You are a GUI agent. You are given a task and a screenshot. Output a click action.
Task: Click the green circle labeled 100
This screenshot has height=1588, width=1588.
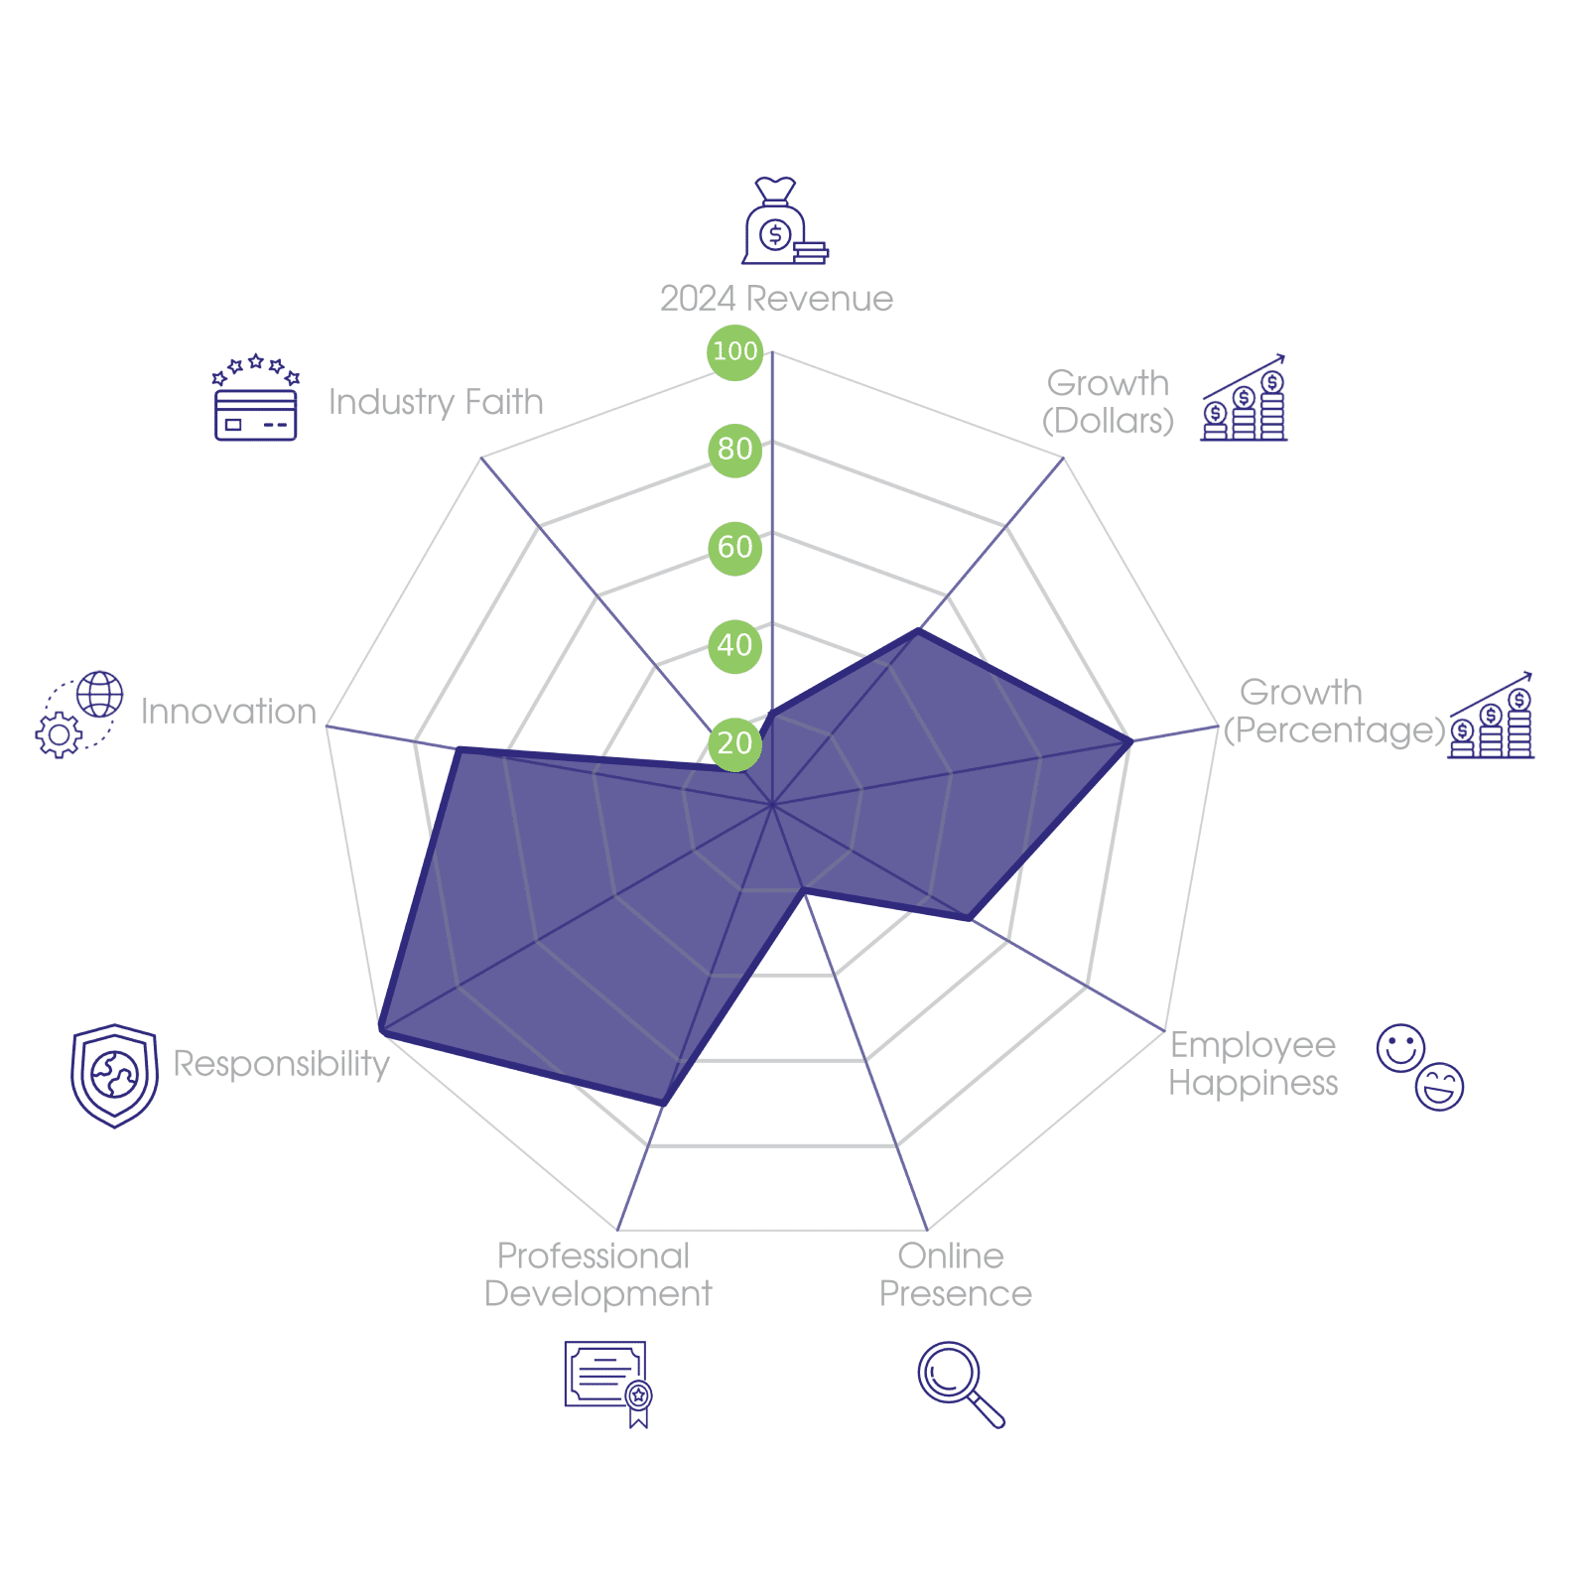click(734, 351)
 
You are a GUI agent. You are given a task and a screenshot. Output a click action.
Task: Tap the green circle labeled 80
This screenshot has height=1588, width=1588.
click(734, 449)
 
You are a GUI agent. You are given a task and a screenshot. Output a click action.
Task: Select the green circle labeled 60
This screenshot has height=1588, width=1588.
click(734, 547)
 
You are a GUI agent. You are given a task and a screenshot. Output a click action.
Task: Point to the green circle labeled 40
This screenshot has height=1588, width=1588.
click(734, 645)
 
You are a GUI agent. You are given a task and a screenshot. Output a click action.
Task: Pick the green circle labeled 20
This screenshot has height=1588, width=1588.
click(734, 743)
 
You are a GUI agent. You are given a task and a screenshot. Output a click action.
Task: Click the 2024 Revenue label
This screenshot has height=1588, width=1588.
click(776, 299)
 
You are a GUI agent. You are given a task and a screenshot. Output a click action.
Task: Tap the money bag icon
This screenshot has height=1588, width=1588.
click(783, 222)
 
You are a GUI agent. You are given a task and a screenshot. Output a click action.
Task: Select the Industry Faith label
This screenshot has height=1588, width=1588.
click(436, 402)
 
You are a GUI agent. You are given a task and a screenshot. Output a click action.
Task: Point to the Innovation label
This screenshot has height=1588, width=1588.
click(228, 712)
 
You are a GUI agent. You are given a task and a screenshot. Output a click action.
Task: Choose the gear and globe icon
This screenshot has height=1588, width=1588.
click(79, 715)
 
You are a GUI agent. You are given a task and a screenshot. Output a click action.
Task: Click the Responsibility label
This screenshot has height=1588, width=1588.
click(281, 1063)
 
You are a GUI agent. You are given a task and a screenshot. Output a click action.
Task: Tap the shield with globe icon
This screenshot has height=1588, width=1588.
click(114, 1076)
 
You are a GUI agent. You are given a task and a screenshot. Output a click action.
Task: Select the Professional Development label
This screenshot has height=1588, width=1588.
click(597, 1275)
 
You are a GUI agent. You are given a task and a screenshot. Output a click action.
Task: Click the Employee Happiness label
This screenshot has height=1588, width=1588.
click(1253, 1064)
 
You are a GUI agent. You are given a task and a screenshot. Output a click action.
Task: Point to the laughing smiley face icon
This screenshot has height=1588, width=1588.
click(1440, 1087)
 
